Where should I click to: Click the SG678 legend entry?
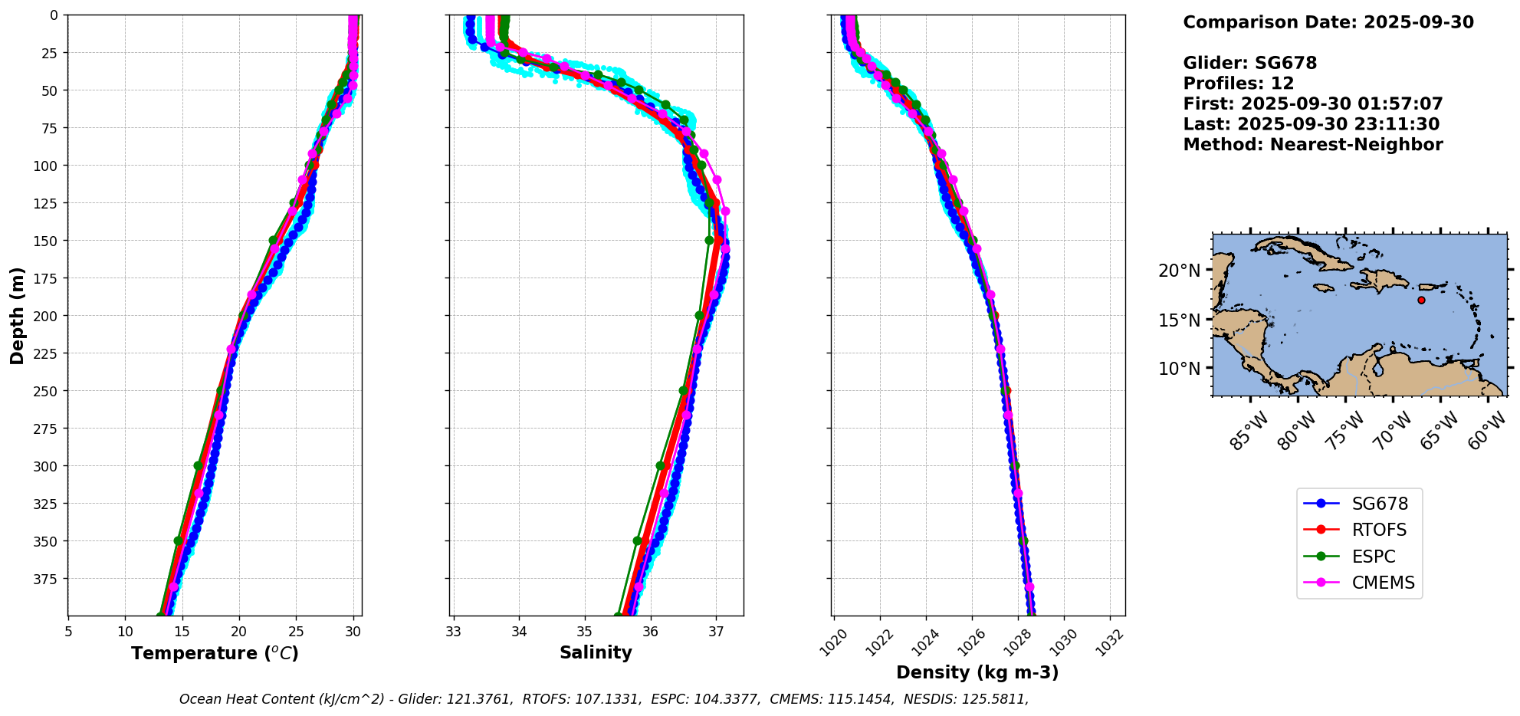point(1379,504)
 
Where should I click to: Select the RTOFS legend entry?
point(1379,530)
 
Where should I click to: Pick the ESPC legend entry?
point(1373,557)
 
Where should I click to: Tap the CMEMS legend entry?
point(1383,583)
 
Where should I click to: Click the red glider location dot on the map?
point(1421,300)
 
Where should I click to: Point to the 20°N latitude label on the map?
point(1179,271)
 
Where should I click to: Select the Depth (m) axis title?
point(18,316)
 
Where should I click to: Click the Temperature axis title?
point(215,654)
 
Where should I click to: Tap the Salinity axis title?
point(596,653)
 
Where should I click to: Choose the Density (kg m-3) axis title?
point(977,673)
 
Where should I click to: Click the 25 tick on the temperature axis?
point(296,632)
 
